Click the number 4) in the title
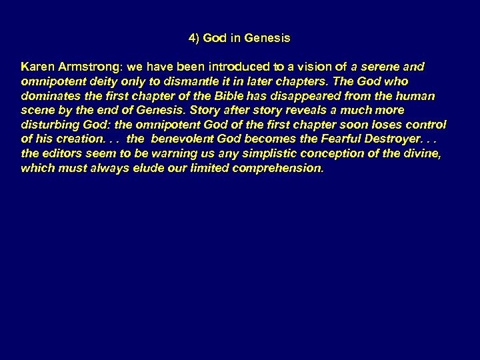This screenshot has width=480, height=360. (195, 39)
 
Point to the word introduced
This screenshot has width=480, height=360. (219, 67)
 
